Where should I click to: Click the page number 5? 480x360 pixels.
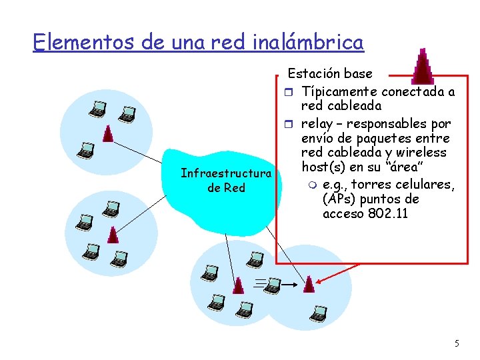click(x=457, y=343)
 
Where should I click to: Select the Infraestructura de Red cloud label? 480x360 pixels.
click(x=226, y=181)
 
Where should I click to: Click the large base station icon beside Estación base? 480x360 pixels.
click(x=421, y=67)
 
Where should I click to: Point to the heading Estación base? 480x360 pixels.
click(x=330, y=73)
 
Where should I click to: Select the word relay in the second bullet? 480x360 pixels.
click(x=317, y=124)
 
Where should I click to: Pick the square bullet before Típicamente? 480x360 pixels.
click(x=289, y=91)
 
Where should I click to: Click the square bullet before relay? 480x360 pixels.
click(x=289, y=124)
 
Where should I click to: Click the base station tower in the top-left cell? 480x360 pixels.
click(x=107, y=135)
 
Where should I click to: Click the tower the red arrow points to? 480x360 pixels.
click(x=308, y=285)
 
